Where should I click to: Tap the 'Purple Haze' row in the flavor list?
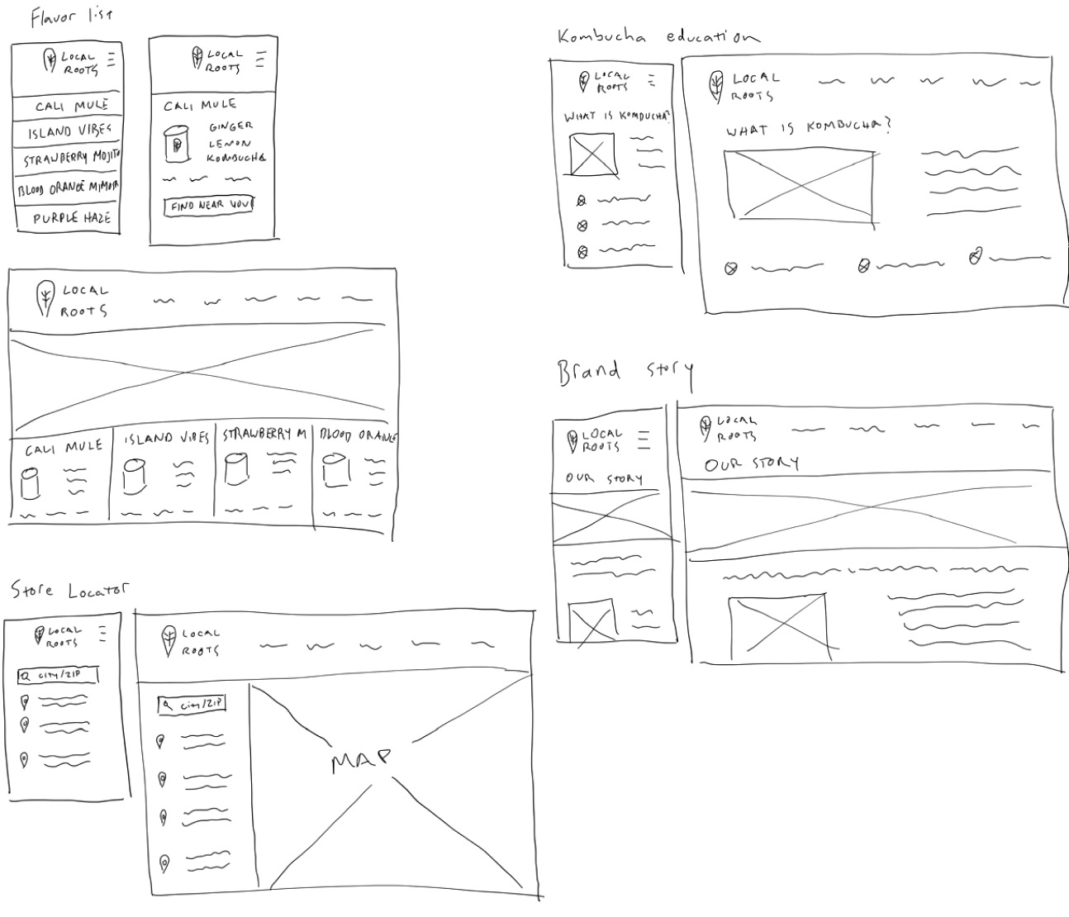pyautogui.click(x=71, y=218)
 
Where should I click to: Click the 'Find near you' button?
pyautogui.click(x=210, y=205)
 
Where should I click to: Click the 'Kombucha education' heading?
pyautogui.click(x=658, y=36)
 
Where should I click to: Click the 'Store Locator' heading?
pyautogui.click(x=70, y=590)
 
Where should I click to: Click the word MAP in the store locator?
pyautogui.click(x=360, y=761)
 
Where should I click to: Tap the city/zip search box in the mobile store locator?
pyautogui.click(x=58, y=675)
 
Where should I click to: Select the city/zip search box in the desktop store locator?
pyautogui.click(x=192, y=704)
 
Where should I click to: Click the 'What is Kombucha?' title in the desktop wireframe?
pyautogui.click(x=809, y=128)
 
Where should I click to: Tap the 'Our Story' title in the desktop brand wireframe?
pyautogui.click(x=752, y=463)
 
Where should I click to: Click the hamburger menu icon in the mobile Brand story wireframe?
pyautogui.click(x=643, y=439)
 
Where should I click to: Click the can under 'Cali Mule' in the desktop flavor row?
pyautogui.click(x=31, y=483)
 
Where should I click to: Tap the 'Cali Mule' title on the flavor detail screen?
pyautogui.click(x=199, y=105)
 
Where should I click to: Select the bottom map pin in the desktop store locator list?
pyautogui.click(x=164, y=863)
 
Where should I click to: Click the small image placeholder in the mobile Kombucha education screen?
pyautogui.click(x=593, y=154)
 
